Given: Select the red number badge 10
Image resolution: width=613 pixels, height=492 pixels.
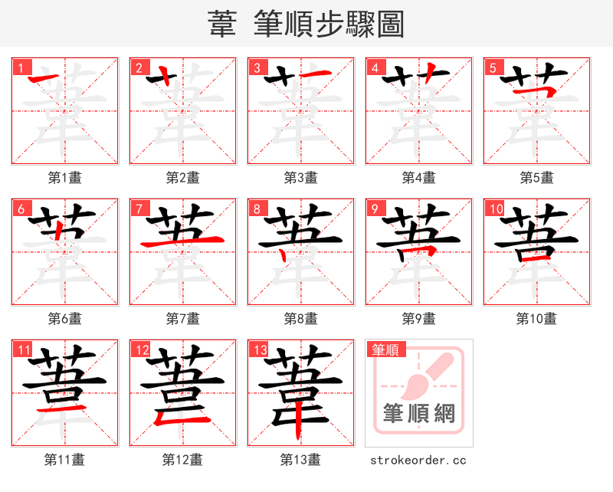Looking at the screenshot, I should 496,208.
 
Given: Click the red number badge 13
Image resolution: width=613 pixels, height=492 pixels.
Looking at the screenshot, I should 260,349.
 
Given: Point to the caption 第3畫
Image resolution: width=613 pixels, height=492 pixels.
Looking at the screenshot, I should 300,178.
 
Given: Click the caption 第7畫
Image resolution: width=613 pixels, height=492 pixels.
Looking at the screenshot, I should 182,318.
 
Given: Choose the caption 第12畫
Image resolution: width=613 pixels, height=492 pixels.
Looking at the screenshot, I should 182,460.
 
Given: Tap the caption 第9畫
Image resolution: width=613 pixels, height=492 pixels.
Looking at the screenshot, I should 418,318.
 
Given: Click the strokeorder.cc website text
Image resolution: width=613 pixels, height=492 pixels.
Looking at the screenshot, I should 418,460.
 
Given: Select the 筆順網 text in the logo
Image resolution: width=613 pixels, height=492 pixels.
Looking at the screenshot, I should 419,415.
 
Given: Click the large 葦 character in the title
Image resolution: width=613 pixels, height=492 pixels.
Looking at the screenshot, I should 222,25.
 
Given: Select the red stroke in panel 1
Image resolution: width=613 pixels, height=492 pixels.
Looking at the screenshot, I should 48,79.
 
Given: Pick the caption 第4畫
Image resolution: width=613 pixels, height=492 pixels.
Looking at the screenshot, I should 418,178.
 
